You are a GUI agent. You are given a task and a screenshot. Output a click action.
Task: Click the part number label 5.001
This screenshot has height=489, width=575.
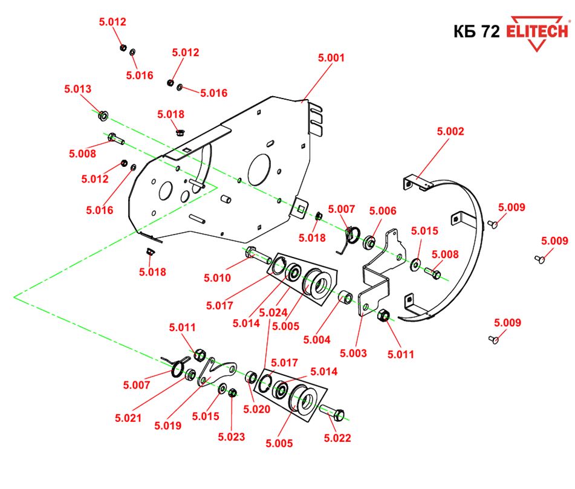coord(331,59)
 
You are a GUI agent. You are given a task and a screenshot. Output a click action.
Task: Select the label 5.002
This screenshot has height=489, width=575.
coord(450,131)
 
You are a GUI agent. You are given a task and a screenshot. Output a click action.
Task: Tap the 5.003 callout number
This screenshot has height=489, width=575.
coord(353,353)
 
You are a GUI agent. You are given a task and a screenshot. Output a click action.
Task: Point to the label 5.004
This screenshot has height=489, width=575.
coord(317,340)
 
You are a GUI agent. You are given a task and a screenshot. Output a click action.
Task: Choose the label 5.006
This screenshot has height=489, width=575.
coord(383,211)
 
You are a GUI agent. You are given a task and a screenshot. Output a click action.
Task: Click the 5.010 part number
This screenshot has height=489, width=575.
coord(217,278)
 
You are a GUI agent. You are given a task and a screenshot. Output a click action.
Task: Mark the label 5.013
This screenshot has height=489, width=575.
coord(77,89)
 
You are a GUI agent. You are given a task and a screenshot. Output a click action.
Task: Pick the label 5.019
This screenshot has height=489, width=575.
coord(168,426)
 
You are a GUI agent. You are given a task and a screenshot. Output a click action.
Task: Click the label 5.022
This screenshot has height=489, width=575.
coord(337,438)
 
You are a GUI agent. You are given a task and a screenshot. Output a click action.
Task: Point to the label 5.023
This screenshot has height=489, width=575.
coord(232,436)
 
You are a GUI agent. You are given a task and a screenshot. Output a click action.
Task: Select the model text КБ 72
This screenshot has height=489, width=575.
coord(476,32)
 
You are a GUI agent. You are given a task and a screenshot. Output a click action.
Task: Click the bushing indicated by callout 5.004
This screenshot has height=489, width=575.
coord(346,297)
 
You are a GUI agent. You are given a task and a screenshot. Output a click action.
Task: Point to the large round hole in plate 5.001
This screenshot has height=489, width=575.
coord(259,168)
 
